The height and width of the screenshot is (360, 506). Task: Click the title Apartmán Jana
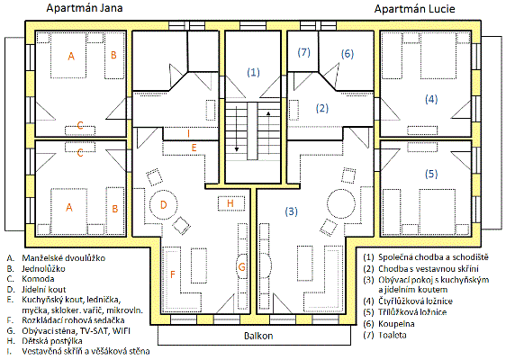point(85,8)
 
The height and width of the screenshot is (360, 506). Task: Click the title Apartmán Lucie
point(415,9)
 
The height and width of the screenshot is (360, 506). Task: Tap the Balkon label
point(258,336)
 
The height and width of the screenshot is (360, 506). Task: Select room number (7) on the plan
point(304,52)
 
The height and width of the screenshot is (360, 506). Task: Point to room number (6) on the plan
point(348,53)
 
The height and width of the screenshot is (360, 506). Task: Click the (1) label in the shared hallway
point(253,72)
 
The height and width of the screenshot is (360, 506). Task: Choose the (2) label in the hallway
point(322,108)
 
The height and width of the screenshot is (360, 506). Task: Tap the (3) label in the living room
point(292,211)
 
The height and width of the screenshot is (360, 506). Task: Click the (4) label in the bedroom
point(431,99)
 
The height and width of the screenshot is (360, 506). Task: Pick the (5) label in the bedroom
point(431,175)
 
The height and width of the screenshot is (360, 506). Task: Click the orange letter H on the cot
point(230,203)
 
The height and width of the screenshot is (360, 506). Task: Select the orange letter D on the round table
point(164,205)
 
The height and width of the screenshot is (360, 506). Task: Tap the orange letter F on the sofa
point(173,274)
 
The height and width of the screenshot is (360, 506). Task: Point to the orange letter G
point(241,267)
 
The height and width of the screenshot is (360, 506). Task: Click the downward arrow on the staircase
point(237,128)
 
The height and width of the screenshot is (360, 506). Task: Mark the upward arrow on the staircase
point(268,133)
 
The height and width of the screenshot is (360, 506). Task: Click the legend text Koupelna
point(396,324)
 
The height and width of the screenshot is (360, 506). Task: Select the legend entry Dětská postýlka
point(52,341)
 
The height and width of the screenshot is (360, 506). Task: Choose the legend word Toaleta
point(392,335)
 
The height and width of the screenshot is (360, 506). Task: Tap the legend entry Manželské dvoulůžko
point(64,258)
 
